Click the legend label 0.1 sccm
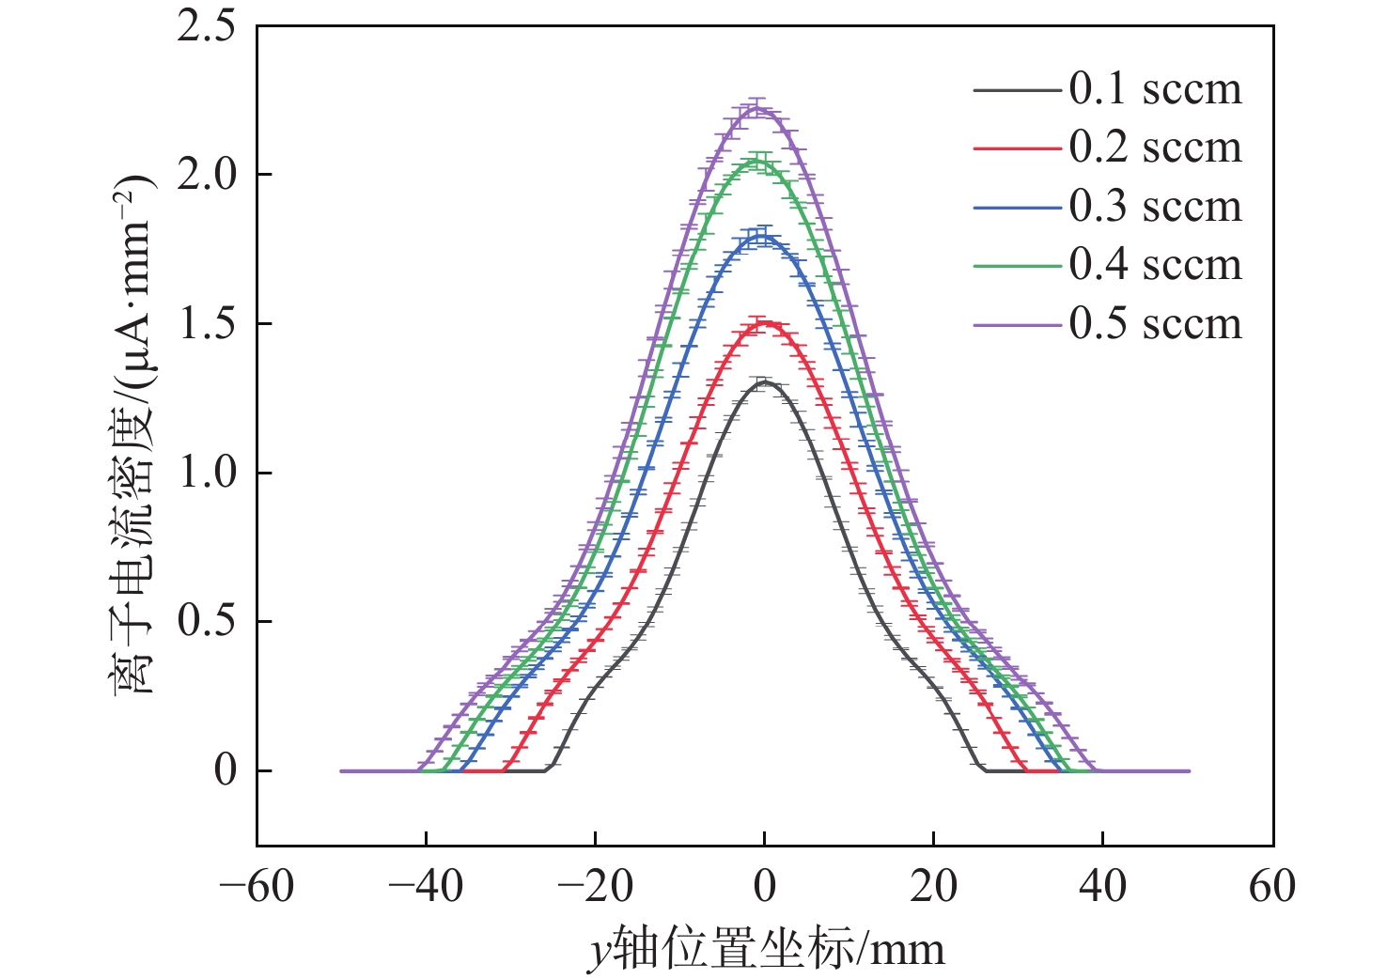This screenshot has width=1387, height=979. tap(1155, 89)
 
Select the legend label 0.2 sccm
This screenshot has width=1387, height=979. tap(1155, 148)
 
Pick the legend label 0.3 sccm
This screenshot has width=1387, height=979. tap(1155, 207)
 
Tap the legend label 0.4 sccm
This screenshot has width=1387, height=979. tap(1155, 265)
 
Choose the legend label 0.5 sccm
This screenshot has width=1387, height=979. tap(1155, 324)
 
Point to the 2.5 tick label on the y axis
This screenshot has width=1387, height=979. tap(207, 26)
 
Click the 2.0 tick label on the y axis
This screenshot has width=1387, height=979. tap(207, 175)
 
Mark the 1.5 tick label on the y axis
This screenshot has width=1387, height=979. tap(207, 324)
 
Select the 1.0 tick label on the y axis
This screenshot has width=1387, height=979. tap(207, 473)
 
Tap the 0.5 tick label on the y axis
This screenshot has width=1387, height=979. tap(207, 621)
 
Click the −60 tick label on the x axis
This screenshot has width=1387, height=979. tap(257, 886)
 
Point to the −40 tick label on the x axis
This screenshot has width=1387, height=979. tap(426, 886)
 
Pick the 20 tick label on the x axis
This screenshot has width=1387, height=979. tap(933, 886)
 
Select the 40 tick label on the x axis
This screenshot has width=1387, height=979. tap(1102, 886)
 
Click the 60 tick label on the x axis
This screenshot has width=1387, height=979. tap(1272, 886)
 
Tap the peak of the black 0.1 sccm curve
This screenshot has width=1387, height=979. tap(764, 382)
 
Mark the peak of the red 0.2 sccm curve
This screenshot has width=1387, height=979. tap(764, 323)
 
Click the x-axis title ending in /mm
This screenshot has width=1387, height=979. tap(766, 949)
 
